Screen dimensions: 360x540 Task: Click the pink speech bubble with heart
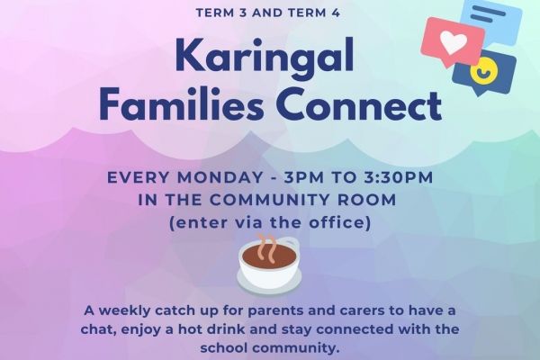pyautogui.click(x=453, y=40)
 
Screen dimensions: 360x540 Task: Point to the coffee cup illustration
pyautogui.click(x=267, y=264)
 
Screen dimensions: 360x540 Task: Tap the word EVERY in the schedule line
pyautogui.click(x=138, y=177)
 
